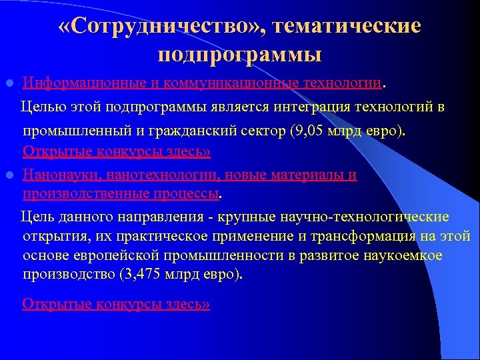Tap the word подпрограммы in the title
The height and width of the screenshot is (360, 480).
[240, 53]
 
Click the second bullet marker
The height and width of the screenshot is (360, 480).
[9, 175]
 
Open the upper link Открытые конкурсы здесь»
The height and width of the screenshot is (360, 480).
[116, 151]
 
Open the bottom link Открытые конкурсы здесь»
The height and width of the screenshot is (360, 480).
[116, 304]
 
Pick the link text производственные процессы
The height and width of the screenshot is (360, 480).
[120, 194]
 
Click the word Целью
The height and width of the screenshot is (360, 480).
[42, 107]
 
